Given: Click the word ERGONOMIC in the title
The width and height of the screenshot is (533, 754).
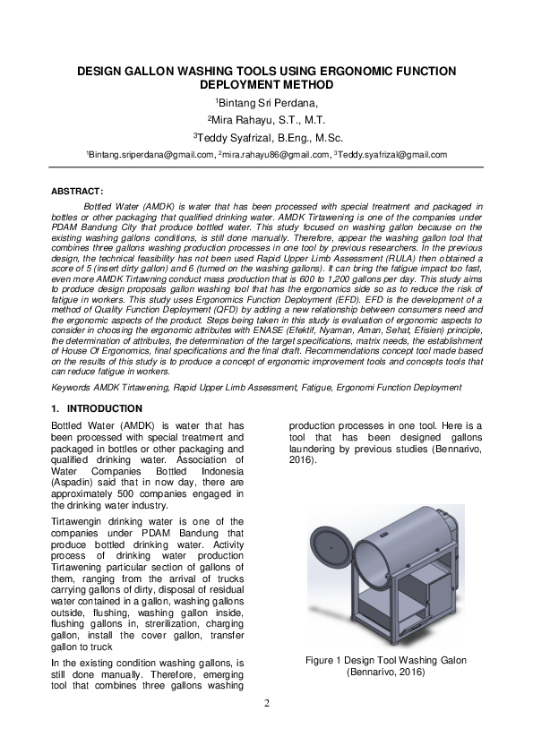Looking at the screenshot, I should [340, 71].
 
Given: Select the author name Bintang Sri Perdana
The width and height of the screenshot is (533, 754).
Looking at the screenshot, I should [267, 103].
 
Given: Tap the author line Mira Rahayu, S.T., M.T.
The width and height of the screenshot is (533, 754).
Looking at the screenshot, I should [267, 120].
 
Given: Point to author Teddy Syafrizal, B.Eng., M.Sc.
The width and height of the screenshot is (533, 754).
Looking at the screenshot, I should [267, 137].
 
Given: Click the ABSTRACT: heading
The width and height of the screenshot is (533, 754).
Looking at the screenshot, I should [78, 192].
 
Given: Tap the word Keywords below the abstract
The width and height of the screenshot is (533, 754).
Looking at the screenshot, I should [71, 388].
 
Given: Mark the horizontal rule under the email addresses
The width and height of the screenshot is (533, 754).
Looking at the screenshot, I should [266, 167].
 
